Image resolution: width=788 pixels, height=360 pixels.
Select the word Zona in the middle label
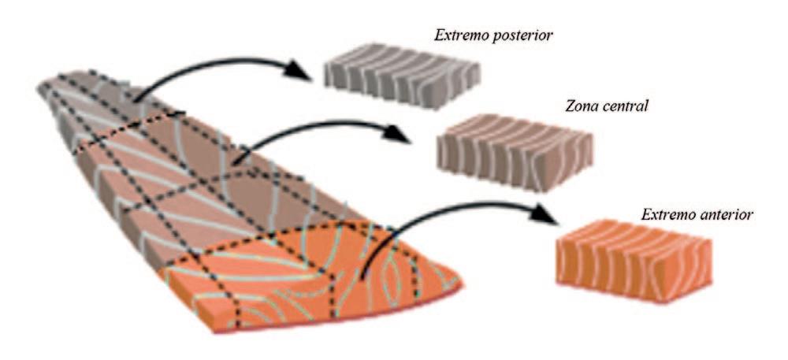[578, 105]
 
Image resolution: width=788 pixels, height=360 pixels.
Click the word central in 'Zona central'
[623, 105]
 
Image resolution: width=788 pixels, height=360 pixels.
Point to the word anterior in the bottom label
[723, 213]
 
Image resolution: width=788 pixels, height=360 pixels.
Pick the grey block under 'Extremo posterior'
[403, 80]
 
